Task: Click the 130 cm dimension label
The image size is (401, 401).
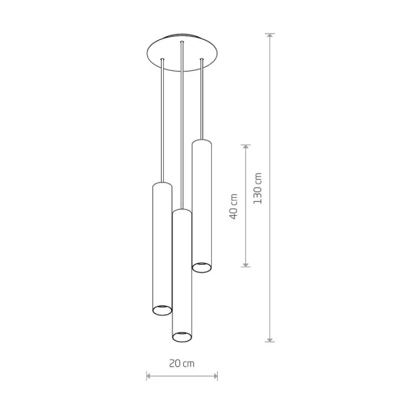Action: pyautogui.click(x=258, y=188)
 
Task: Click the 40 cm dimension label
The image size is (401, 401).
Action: pyautogui.click(x=233, y=207)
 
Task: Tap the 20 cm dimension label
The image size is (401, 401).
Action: pyautogui.click(x=182, y=364)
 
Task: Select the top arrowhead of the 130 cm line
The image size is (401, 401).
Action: pyautogui.click(x=270, y=35)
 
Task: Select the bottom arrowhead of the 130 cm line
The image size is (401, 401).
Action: pyautogui.click(x=270, y=339)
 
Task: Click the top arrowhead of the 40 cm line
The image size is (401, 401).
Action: pyautogui.click(x=245, y=147)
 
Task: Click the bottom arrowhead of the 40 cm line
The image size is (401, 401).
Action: pyautogui.click(x=245, y=265)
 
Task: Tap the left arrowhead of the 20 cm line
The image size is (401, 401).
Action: pyautogui.click(x=149, y=376)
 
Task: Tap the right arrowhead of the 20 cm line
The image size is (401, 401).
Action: pyautogui.click(x=215, y=376)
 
